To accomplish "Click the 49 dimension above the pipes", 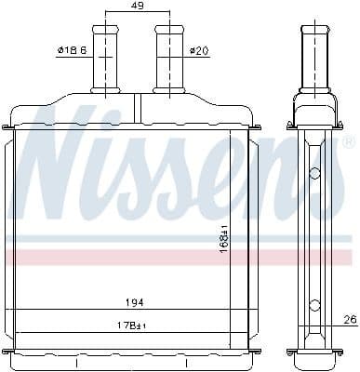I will click(136, 7).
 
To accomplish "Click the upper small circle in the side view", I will click(316, 171).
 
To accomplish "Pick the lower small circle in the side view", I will click(316, 302).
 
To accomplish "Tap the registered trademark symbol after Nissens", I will click(348, 144).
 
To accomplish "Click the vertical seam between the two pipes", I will click(136, 105).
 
